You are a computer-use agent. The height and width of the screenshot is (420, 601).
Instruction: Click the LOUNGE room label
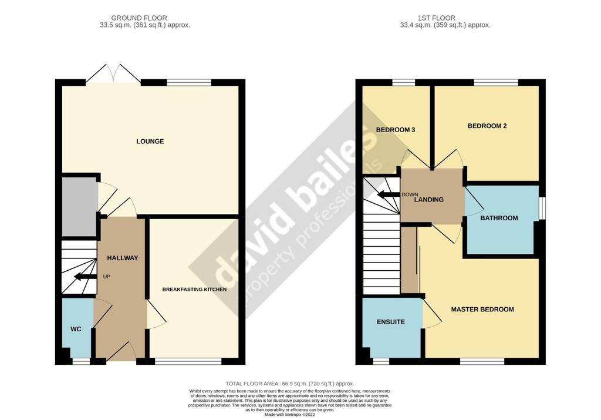click(150, 142)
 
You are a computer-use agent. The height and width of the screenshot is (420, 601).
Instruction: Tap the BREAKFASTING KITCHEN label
click(194, 290)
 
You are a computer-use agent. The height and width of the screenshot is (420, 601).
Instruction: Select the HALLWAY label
click(122, 258)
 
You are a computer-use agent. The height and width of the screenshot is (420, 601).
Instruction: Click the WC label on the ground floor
click(76, 329)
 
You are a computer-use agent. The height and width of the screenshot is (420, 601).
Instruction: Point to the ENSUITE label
click(390, 322)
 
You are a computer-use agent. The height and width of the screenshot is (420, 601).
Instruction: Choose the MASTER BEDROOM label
click(482, 310)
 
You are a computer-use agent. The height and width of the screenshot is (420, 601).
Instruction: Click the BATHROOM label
click(499, 219)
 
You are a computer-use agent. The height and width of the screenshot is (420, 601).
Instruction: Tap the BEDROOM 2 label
click(487, 126)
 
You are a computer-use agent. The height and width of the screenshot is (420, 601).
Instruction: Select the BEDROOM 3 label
click(396, 130)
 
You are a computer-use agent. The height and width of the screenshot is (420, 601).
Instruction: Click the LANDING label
click(429, 200)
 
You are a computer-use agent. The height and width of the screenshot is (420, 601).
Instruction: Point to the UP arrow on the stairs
click(85, 277)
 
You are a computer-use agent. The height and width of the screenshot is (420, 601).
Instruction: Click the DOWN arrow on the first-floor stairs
click(389, 194)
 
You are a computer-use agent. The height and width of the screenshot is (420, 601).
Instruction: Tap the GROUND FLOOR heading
click(139, 18)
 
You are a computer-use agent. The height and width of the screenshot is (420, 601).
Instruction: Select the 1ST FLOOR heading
click(437, 18)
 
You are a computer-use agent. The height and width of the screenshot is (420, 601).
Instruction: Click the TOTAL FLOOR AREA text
click(290, 384)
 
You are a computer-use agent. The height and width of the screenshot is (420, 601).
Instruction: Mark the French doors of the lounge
click(113, 73)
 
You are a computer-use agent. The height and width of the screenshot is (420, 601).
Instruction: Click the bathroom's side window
click(542, 209)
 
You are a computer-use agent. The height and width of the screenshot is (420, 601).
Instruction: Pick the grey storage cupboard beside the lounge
click(79, 207)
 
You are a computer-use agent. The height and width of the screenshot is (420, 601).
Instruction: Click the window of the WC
click(81, 361)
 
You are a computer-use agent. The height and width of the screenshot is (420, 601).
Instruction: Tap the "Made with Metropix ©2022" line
click(290, 415)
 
